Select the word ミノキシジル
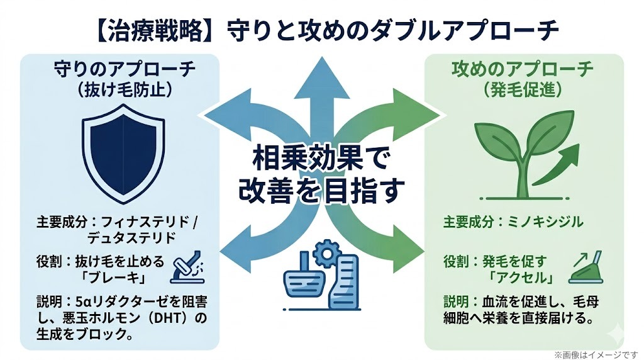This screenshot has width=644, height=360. (x=548, y=222)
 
